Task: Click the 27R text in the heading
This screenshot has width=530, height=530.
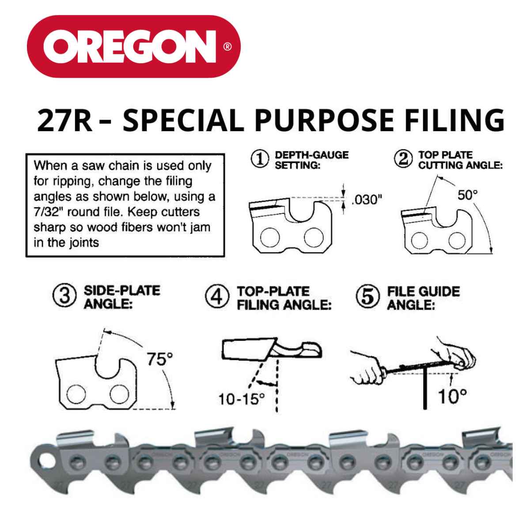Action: [x=64, y=121]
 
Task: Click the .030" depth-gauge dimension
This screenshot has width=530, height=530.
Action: [x=366, y=200]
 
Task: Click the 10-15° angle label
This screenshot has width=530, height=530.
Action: [x=241, y=400]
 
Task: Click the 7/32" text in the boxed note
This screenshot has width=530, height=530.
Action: [x=51, y=211]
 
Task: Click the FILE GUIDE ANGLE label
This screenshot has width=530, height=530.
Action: [x=423, y=297]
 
